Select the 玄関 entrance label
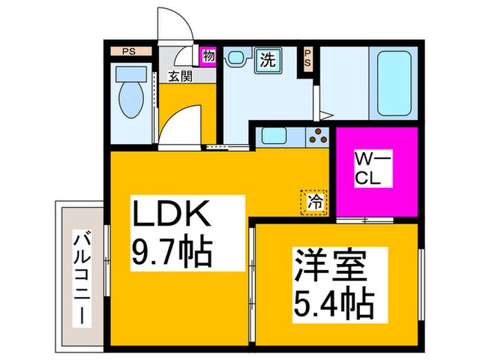(181, 76)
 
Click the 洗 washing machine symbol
(267, 60)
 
